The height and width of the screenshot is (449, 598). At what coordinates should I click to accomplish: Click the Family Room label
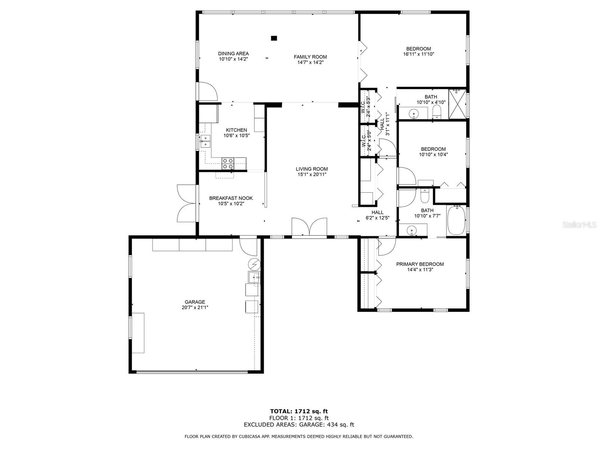[x=310, y=57]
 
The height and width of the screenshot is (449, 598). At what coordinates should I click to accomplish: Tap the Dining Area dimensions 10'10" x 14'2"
[x=233, y=59]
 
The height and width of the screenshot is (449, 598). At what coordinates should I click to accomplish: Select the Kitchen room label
[x=236, y=130]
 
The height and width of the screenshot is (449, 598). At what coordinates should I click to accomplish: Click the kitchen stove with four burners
[x=228, y=163]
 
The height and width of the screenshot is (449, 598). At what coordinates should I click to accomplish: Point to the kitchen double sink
[x=206, y=141]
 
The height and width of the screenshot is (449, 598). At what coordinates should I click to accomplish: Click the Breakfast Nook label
[x=231, y=198]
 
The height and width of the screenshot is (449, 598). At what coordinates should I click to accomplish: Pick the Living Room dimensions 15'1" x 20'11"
[x=312, y=174]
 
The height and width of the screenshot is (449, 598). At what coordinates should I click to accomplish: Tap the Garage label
[x=195, y=302]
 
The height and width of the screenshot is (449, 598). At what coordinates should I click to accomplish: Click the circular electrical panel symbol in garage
[x=254, y=264]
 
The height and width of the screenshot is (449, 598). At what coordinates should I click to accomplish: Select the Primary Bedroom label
[x=420, y=264]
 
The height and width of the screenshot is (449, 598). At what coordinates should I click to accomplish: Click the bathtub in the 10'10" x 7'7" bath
[x=456, y=220]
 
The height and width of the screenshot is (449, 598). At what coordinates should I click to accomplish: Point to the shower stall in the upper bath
[x=457, y=104]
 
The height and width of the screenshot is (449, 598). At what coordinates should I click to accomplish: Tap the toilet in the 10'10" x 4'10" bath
[x=437, y=112]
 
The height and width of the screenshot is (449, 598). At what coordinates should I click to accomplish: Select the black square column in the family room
[x=274, y=38]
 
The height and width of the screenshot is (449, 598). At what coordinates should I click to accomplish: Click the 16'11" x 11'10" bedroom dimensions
[x=419, y=54]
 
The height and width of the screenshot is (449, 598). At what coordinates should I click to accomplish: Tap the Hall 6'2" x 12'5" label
[x=377, y=215]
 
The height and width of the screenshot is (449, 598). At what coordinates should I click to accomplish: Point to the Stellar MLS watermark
[x=579, y=224]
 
